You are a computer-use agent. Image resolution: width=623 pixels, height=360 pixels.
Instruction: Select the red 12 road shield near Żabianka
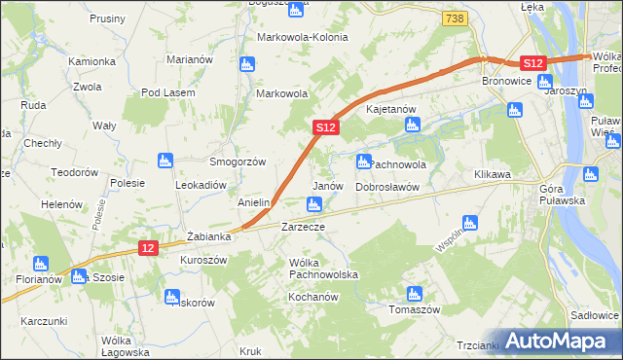click(147, 249)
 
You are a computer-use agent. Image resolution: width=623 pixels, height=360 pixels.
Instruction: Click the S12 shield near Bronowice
click(531, 62)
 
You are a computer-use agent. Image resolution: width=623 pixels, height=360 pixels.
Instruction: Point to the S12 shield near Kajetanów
click(326, 127)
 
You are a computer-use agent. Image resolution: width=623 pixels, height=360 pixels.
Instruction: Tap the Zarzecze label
click(302, 226)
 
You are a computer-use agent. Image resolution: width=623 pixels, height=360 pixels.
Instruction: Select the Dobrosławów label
click(386, 186)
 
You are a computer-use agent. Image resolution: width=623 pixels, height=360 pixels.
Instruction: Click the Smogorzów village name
click(238, 162)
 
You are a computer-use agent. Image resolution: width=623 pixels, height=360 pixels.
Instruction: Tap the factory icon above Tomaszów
click(415, 293)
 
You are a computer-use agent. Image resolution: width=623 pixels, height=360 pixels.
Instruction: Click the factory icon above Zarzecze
click(313, 204)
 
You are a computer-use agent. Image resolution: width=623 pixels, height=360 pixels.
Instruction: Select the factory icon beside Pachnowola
click(364, 162)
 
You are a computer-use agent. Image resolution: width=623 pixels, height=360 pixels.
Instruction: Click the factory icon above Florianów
click(40, 263)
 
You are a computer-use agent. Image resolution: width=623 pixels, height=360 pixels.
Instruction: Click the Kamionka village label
click(92, 61)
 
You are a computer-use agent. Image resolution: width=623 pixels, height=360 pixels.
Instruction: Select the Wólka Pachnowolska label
click(323, 269)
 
